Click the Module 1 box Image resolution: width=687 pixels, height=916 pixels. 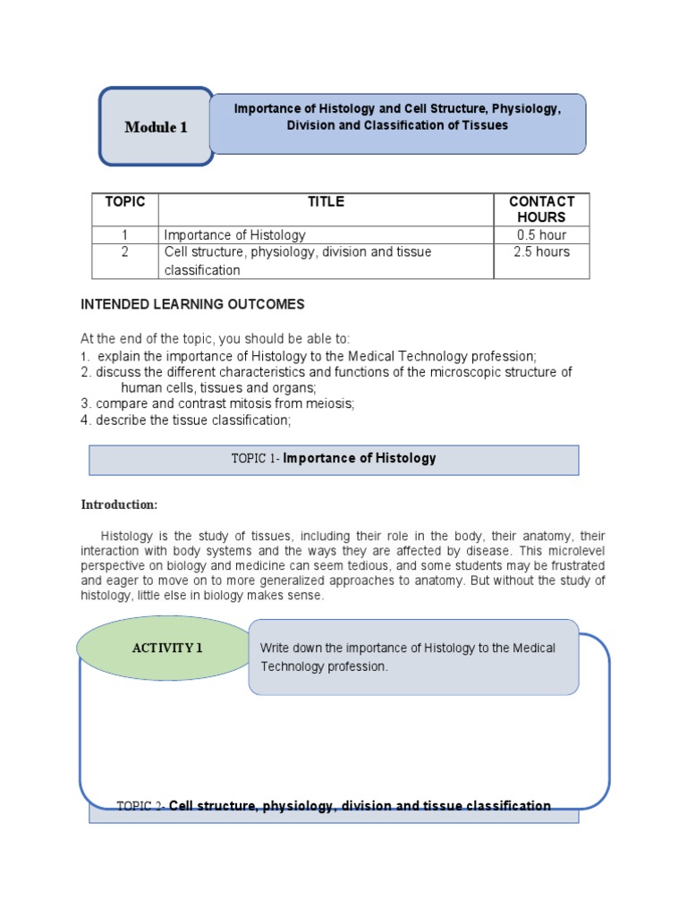[x=156, y=127]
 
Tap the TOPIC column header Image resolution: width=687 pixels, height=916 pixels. [x=124, y=202]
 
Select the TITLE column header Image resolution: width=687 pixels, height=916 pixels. [x=326, y=202]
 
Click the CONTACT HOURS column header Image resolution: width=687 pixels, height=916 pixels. [x=541, y=209]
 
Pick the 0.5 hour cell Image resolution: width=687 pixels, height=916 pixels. [x=541, y=235]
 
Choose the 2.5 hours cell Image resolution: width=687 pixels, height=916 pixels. [x=541, y=252]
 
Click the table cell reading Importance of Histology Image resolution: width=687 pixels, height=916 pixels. [x=234, y=235]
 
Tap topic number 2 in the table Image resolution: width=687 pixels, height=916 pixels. [x=124, y=252]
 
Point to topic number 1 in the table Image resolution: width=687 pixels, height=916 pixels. [x=124, y=235]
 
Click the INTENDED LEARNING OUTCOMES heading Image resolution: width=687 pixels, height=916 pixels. [x=192, y=304]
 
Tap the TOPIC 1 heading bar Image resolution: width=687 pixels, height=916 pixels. [x=334, y=459]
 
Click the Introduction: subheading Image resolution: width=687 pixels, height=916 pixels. [x=119, y=505]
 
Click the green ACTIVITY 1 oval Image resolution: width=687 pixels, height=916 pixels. [x=167, y=649]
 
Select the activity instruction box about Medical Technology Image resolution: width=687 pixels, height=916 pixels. [x=413, y=657]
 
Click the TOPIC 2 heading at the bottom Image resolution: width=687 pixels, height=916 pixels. [x=334, y=806]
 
